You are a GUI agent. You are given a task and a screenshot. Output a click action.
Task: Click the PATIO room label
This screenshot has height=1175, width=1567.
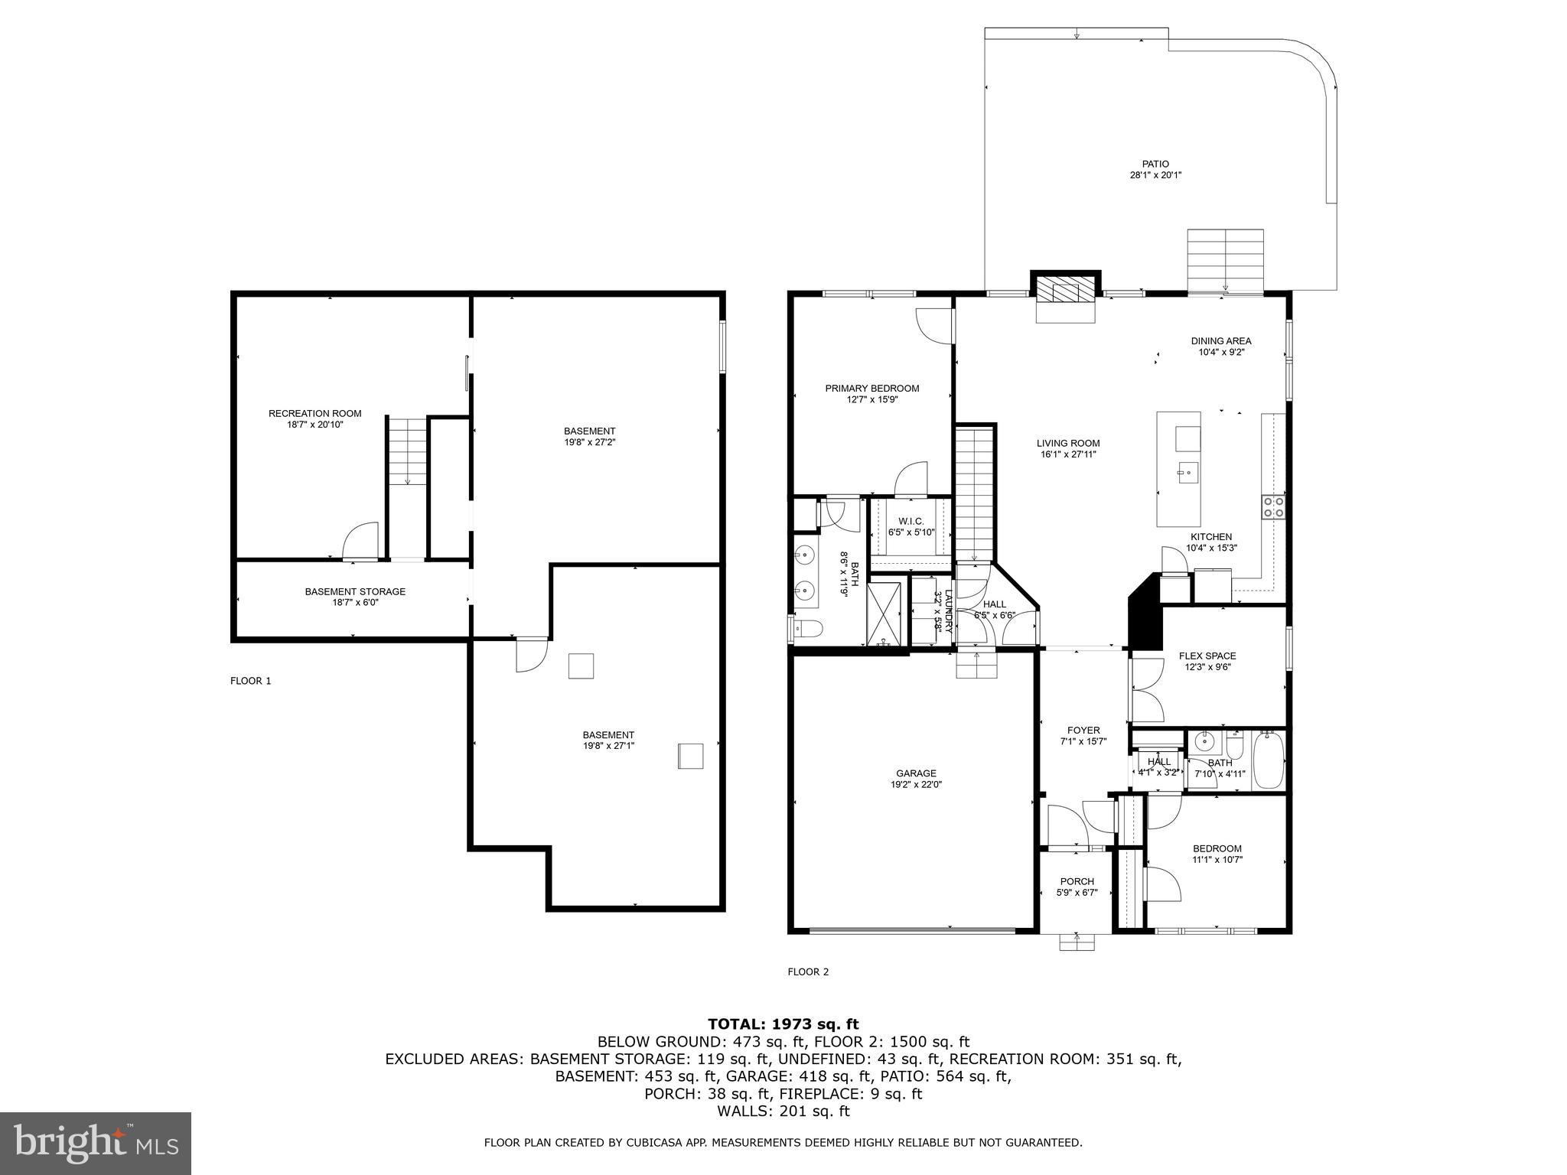click(x=1155, y=164)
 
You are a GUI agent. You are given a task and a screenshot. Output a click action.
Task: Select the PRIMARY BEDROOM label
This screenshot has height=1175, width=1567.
click(x=872, y=389)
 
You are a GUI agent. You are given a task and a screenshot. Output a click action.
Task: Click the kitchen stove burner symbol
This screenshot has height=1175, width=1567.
click(x=1273, y=507)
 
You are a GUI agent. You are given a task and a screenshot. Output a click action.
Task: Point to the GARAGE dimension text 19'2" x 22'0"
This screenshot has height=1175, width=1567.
click(x=916, y=784)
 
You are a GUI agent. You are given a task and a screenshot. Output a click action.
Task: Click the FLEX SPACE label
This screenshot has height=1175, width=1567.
click(x=1207, y=656)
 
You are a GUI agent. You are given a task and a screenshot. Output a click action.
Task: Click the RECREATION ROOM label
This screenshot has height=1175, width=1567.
click(x=315, y=414)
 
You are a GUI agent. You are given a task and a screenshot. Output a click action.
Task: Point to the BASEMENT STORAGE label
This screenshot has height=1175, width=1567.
click(x=355, y=591)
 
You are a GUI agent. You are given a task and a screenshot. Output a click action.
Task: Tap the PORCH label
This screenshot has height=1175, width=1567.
click(x=1077, y=881)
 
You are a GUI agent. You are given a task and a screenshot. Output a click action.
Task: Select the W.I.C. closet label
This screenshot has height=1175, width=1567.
click(x=911, y=522)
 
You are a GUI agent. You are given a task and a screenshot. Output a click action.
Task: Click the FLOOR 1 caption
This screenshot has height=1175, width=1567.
click(x=251, y=681)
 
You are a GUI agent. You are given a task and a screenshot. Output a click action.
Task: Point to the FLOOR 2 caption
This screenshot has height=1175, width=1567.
click(x=808, y=972)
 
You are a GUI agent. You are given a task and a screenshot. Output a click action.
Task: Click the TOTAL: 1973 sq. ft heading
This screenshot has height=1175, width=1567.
click(x=783, y=1024)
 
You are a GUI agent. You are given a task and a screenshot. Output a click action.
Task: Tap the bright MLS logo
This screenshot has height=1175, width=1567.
click(x=96, y=1143)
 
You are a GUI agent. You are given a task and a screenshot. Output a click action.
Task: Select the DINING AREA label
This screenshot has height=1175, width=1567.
click(x=1221, y=341)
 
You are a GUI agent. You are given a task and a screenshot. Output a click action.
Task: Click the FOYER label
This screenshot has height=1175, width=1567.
click(x=1083, y=731)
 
